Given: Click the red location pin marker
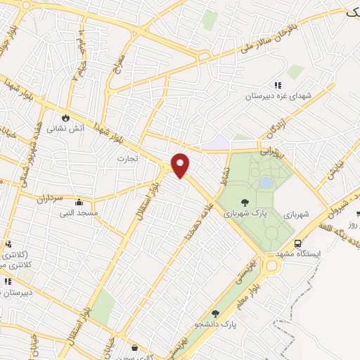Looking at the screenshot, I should (x=181, y=165).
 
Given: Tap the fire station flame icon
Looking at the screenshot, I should (x=67, y=117).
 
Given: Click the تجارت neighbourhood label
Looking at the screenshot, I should (x=127, y=159).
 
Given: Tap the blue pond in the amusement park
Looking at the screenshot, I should (x=266, y=183).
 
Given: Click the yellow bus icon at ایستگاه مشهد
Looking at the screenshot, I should (x=299, y=243).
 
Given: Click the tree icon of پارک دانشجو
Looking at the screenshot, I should (x=215, y=314).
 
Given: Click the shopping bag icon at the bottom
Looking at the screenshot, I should (x=134, y=347).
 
